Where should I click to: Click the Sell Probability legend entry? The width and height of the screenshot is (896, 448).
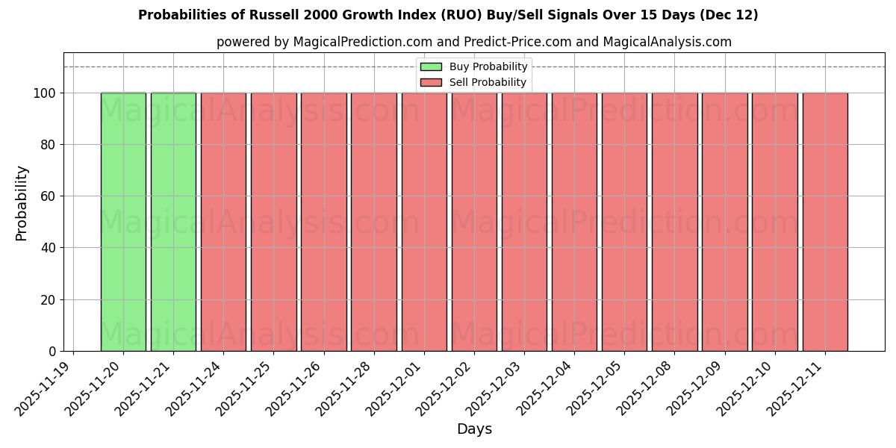(488, 82)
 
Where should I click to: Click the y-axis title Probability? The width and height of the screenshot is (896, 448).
(22, 203)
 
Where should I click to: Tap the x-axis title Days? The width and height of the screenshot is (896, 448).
(474, 429)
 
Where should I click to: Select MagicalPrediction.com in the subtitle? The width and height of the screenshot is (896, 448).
(362, 42)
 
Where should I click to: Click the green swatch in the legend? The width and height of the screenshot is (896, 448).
(431, 67)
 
